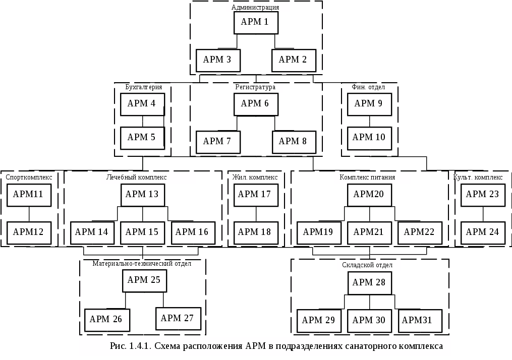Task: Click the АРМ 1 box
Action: (x=256, y=23)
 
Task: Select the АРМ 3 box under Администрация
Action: (x=218, y=61)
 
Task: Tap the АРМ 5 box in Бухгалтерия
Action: (x=142, y=138)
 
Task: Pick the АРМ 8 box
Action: (x=294, y=142)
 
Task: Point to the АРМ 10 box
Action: (x=369, y=138)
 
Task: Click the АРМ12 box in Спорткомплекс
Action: (x=29, y=233)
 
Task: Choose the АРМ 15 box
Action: (x=142, y=233)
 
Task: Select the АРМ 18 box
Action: (x=256, y=233)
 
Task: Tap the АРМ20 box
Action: (x=369, y=195)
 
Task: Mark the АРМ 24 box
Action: (x=483, y=233)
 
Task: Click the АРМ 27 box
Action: (x=178, y=319)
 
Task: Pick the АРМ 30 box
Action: (x=369, y=321)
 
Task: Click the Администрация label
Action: (x=255, y=7)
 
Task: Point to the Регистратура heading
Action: (x=255, y=87)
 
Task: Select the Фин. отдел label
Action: (x=368, y=87)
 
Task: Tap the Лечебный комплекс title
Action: (x=137, y=177)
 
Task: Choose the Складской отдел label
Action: (x=367, y=265)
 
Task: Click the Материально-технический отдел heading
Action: (x=142, y=263)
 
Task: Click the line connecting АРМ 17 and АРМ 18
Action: (x=256, y=214)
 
